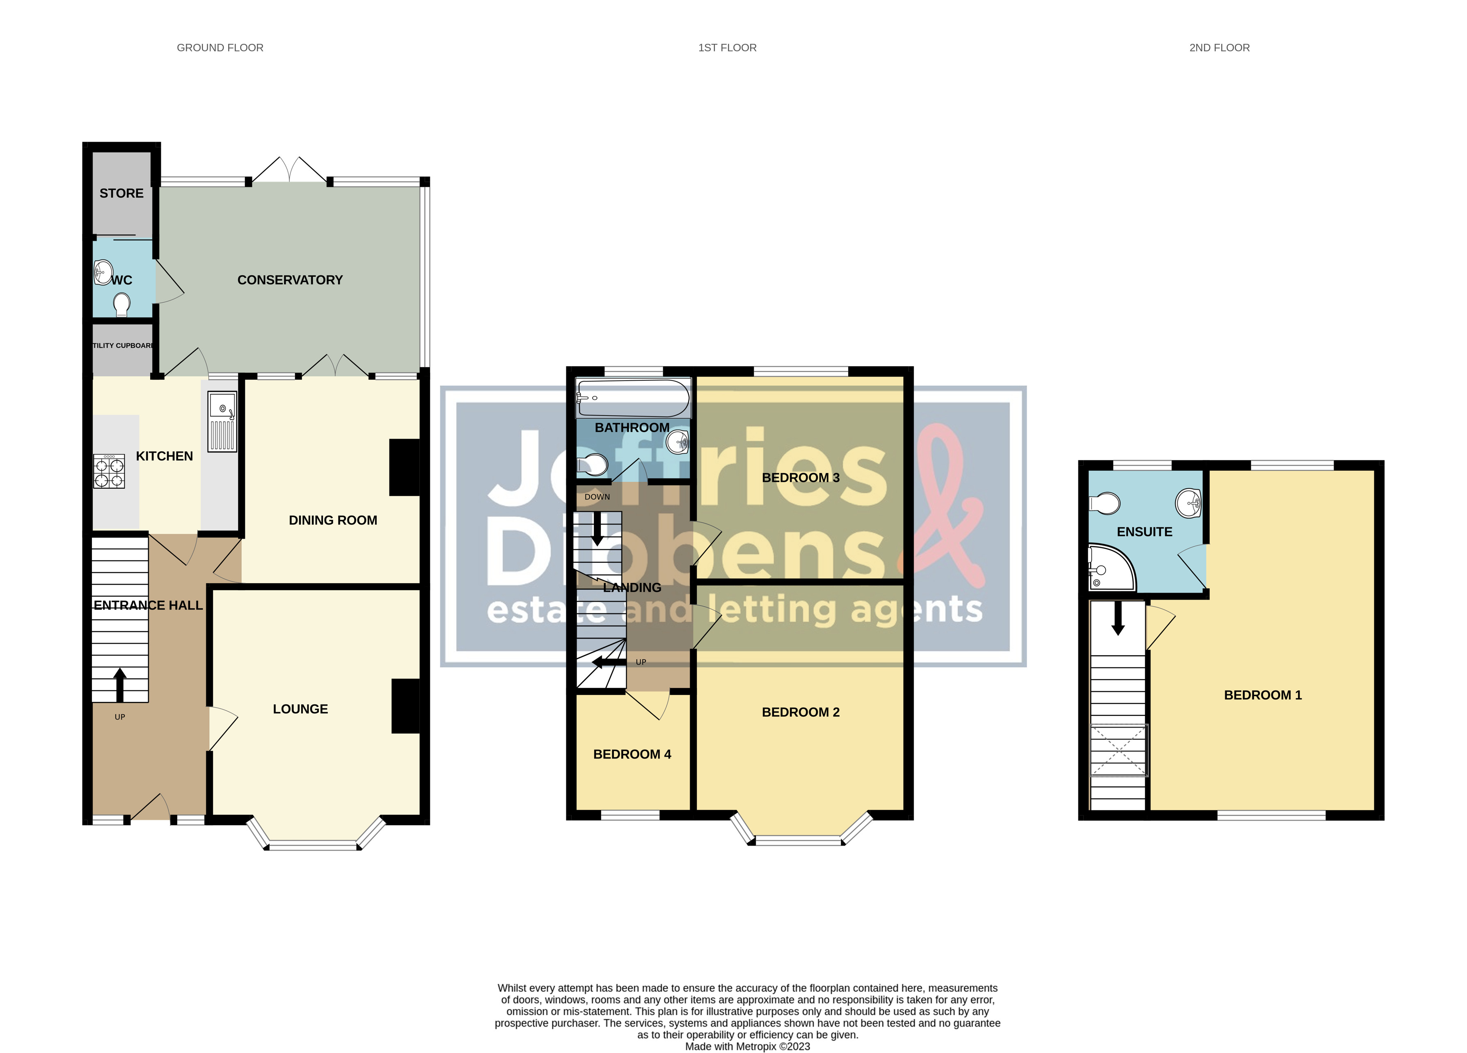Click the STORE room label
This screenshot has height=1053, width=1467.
[x=121, y=193]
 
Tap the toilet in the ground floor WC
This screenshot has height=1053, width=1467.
[x=121, y=303]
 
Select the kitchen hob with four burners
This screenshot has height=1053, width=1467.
[x=109, y=471]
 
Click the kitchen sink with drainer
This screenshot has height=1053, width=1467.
[x=222, y=421]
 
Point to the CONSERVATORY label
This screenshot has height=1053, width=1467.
[x=290, y=280]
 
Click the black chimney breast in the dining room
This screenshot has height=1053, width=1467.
[x=404, y=467]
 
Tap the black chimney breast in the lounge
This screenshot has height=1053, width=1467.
[x=405, y=706]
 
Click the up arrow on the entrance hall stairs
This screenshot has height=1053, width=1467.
[x=120, y=685]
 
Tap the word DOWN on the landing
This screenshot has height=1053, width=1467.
[x=597, y=497]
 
